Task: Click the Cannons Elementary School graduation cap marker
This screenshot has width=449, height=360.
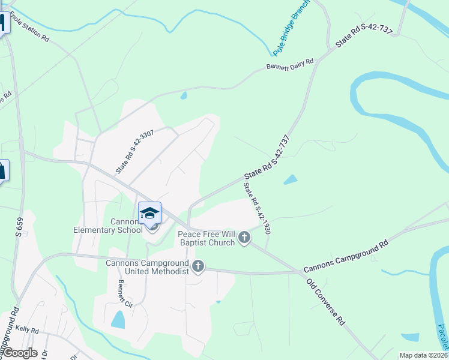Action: [x=149, y=213]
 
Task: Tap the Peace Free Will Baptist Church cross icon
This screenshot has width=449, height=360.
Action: [x=244, y=238]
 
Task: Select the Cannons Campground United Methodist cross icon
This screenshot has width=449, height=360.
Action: [x=198, y=267]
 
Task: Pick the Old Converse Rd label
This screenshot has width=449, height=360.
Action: [x=325, y=302]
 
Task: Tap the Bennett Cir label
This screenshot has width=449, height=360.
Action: [x=125, y=291]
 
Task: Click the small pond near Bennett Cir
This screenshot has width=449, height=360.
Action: [x=118, y=320]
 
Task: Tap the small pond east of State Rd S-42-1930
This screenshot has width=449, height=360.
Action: [x=291, y=179]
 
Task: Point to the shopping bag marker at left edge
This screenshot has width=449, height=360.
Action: [x=2, y=170]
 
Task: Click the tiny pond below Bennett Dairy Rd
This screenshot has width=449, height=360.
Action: [x=184, y=95]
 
